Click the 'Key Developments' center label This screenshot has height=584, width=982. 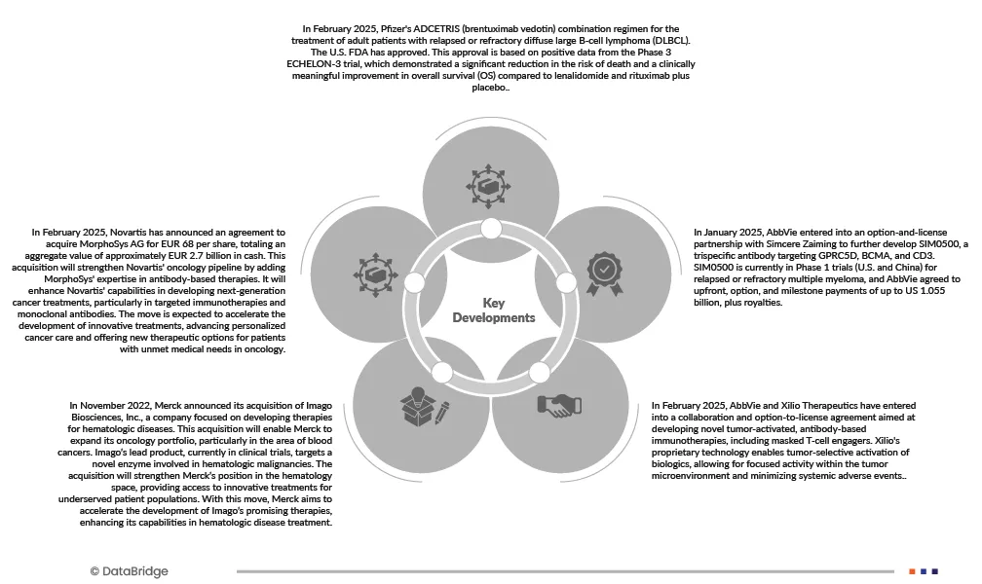pyautogui.click(x=494, y=310)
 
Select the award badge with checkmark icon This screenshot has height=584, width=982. pyautogui.click(x=604, y=268)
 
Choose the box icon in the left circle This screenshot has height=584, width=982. pyautogui.click(x=377, y=267)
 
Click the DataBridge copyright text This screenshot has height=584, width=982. pyautogui.click(x=129, y=571)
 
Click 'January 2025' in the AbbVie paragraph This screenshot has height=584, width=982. pyautogui.click(x=728, y=233)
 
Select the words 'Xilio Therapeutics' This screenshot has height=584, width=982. pyautogui.click(x=808, y=405)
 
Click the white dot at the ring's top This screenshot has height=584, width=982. pyautogui.click(x=491, y=229)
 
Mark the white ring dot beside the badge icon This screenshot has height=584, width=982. pyautogui.click(x=566, y=282)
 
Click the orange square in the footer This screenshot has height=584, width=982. pyautogui.click(x=912, y=571)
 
